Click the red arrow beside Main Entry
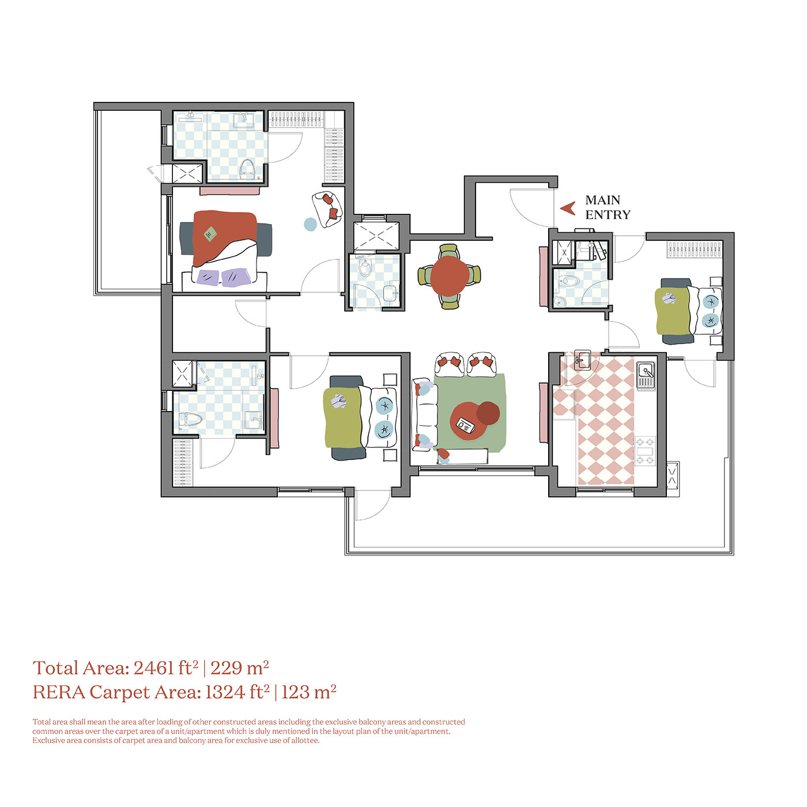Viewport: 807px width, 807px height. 568,208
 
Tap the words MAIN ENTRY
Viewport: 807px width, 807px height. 607,208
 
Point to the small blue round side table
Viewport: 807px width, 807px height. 311,224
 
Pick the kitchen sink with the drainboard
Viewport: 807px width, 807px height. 646,375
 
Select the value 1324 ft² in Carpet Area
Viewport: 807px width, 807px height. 237,692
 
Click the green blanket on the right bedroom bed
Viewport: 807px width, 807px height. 673,311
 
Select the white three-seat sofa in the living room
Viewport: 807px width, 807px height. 424,415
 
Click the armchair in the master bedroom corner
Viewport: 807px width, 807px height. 327,209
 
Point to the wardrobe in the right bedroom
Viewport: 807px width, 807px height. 694,249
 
